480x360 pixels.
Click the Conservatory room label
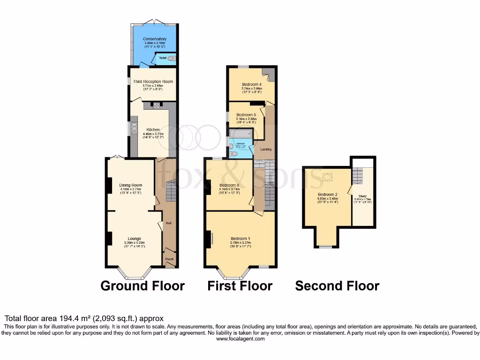click(155, 39)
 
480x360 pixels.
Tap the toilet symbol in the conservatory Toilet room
click(171, 58)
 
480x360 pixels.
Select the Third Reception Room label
click(153, 82)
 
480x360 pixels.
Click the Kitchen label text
click(153, 129)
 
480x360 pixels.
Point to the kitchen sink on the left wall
click(134, 127)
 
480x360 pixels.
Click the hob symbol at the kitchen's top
click(156, 105)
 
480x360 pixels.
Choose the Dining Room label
click(130, 185)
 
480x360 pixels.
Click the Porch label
click(169, 259)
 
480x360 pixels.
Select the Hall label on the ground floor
click(168, 223)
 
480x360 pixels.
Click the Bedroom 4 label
click(252, 84)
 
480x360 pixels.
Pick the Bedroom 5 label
click(246, 115)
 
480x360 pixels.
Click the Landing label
click(266, 150)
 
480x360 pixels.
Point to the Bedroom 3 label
click(229, 185)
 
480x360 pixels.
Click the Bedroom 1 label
click(240, 239)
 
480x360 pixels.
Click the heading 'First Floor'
click(240, 285)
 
